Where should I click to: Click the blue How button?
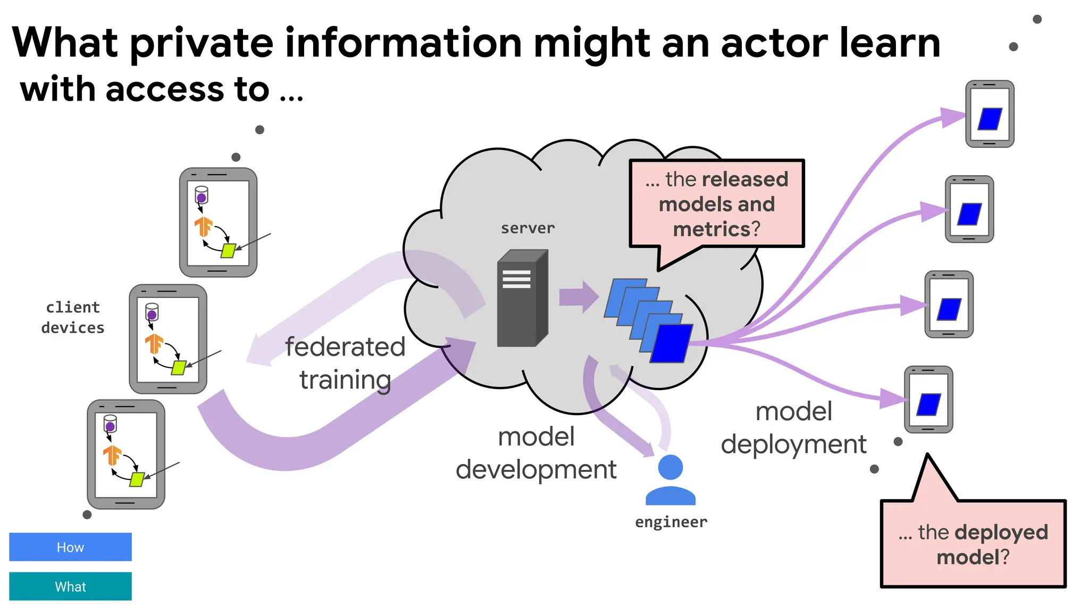click(x=70, y=546)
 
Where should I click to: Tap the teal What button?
click(x=70, y=586)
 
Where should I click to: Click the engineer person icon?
click(x=670, y=479)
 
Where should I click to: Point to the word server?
click(x=527, y=228)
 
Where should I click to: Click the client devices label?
click(x=73, y=318)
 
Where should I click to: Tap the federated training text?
click(x=345, y=363)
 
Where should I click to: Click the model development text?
click(x=536, y=453)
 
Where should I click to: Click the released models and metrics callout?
click(x=716, y=204)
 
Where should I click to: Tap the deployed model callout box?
click(x=973, y=544)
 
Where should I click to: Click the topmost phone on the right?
click(x=990, y=114)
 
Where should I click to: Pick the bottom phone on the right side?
click(x=928, y=400)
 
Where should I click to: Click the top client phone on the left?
click(x=218, y=222)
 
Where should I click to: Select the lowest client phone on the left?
click(x=126, y=454)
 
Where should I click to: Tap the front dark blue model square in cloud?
click(x=671, y=343)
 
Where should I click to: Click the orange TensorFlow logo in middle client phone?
click(x=154, y=343)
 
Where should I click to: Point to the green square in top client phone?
click(x=228, y=251)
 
